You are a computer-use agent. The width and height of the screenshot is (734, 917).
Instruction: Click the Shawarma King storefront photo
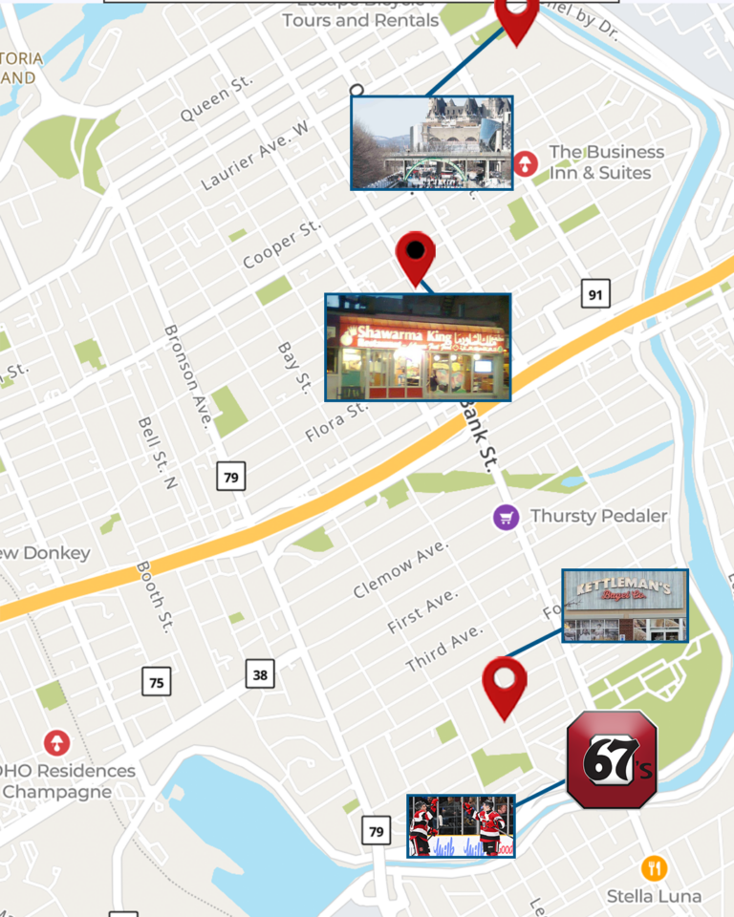point(418,347)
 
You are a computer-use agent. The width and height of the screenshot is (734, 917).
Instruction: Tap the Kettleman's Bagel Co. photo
point(625,606)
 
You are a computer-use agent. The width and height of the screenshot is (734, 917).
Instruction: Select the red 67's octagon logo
point(612,759)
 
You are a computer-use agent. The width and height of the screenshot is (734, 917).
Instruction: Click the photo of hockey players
point(461,825)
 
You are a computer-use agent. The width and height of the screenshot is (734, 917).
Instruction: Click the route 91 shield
point(595,294)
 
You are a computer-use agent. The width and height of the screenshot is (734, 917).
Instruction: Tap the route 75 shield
point(157,681)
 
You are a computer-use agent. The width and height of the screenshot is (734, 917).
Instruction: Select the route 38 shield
point(260,674)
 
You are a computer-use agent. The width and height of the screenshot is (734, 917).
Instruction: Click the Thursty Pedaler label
point(598,517)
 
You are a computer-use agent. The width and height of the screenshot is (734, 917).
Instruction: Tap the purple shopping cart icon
point(506,518)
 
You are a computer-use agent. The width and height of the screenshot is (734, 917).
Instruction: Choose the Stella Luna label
point(654,896)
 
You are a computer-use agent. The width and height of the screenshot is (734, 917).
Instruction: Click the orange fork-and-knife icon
point(654,868)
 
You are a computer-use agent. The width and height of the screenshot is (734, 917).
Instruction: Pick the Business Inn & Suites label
point(606,162)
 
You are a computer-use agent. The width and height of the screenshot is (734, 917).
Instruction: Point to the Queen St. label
point(217,98)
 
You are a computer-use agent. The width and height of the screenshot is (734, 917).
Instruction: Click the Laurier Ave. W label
point(255,156)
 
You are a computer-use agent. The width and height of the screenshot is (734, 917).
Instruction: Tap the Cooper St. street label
point(282,245)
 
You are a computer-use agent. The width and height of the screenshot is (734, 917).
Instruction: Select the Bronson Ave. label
point(187,375)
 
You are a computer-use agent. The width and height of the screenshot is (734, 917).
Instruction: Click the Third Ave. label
point(444,649)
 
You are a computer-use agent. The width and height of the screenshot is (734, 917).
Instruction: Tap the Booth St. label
point(153,597)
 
